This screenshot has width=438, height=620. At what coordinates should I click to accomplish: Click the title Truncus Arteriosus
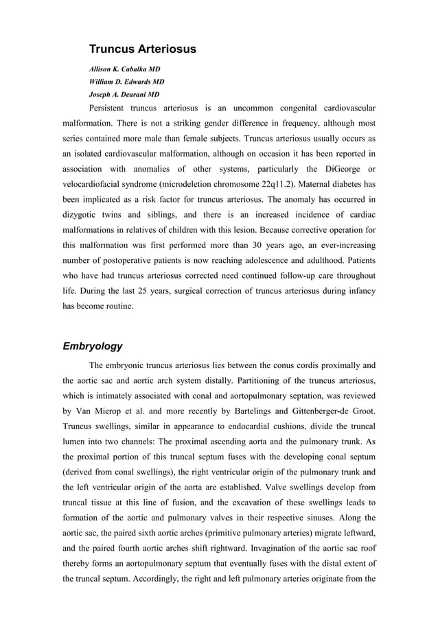[x=143, y=49]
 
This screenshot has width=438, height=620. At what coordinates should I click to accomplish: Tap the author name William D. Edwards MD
[x=126, y=82]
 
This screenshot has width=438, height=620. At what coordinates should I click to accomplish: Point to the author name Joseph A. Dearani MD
[x=124, y=94]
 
